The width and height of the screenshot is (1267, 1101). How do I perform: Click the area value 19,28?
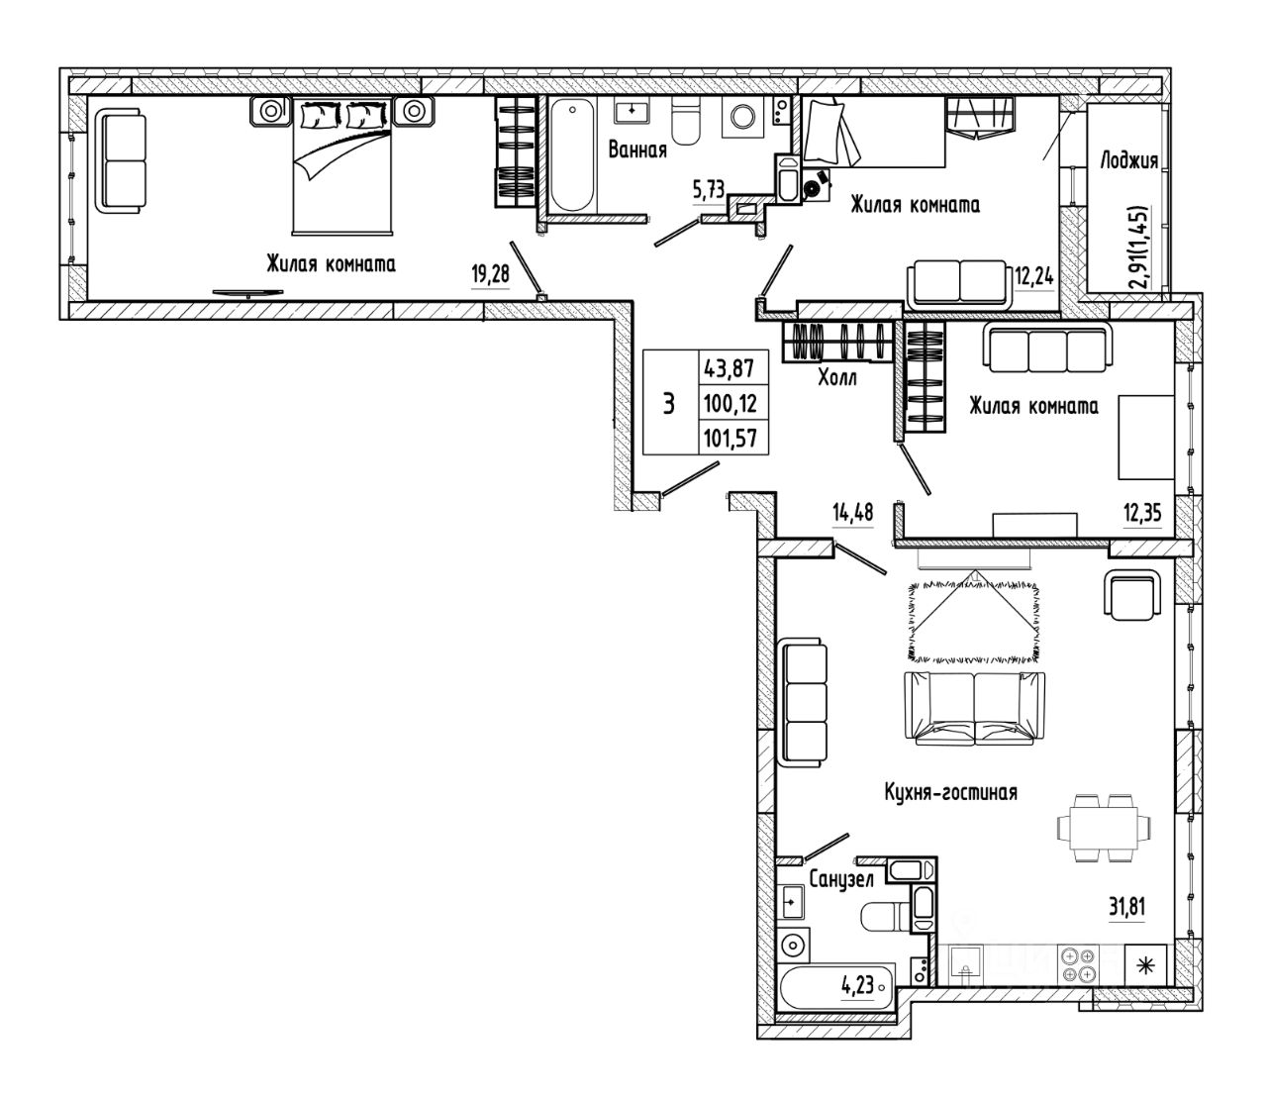coord(490,273)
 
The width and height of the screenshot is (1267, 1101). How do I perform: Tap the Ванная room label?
coord(637,150)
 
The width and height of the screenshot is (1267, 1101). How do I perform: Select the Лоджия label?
coord(1128,161)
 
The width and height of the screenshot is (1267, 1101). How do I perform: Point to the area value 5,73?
coord(709,189)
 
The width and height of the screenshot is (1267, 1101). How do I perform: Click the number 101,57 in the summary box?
coord(731,439)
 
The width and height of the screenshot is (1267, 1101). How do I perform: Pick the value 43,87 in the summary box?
coord(730,369)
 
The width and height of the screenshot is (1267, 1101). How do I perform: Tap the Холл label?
coord(837,377)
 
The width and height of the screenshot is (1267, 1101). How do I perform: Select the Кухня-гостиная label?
coord(950,792)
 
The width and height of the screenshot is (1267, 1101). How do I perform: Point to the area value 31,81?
coord(1127,907)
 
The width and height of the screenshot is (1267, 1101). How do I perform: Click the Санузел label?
coord(841,879)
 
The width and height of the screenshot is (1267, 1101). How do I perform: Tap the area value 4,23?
coord(857,984)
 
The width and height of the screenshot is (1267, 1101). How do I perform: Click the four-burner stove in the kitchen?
coord(1079,965)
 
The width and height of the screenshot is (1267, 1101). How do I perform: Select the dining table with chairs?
coord(1105,828)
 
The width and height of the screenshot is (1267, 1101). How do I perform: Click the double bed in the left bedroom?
coord(342,166)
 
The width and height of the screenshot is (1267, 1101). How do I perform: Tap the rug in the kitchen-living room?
coord(974,621)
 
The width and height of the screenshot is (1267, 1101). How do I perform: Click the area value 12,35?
coord(1142,513)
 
